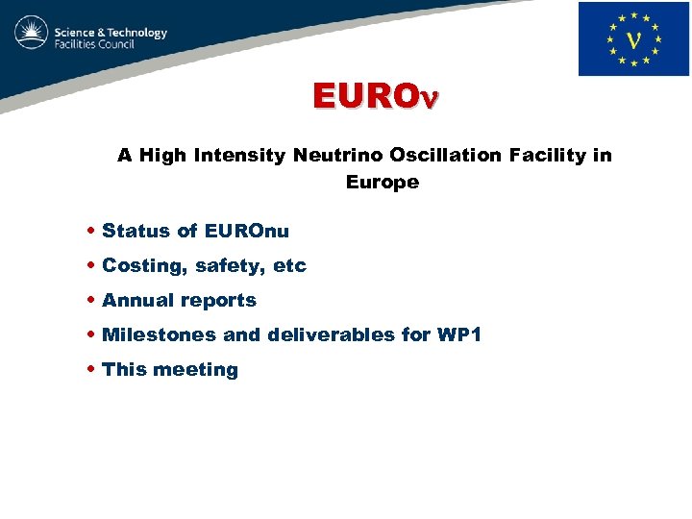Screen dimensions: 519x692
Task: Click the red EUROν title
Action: click(x=374, y=96)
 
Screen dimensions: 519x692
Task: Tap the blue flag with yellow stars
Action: click(x=633, y=38)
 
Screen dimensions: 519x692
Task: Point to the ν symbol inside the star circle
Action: click(x=633, y=39)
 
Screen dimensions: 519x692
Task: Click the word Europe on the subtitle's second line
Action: click(x=383, y=182)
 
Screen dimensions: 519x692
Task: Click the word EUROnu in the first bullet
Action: click(x=246, y=231)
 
